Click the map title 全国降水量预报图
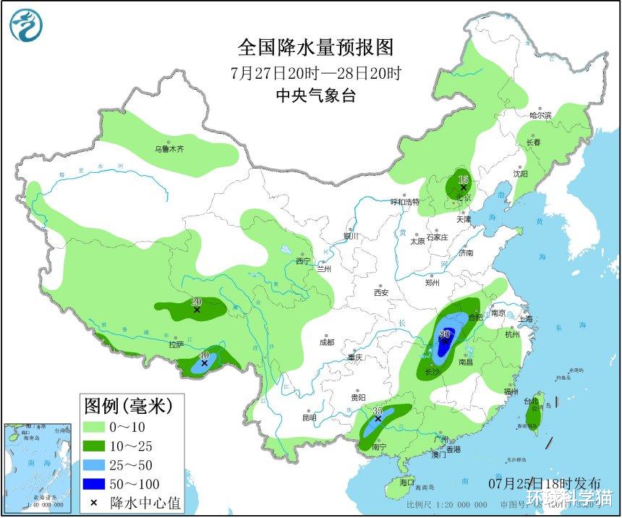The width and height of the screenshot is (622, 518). tap(316, 48)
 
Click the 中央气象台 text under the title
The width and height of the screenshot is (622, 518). tap(316, 95)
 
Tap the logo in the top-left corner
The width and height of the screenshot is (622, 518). tap(26, 26)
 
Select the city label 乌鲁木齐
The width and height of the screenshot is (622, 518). tap(169, 149)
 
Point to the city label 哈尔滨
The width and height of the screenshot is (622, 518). tap(540, 115)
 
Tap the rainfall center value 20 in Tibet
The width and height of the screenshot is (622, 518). tap(196, 302)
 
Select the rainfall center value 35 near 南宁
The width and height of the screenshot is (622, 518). tap(377, 411)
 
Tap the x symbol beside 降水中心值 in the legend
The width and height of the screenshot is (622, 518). tap(93, 502)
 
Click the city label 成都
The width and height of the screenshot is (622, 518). tap(326, 342)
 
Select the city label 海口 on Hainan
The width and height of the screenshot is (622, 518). tap(407, 482)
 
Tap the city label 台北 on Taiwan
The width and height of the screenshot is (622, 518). tap(531, 401)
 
